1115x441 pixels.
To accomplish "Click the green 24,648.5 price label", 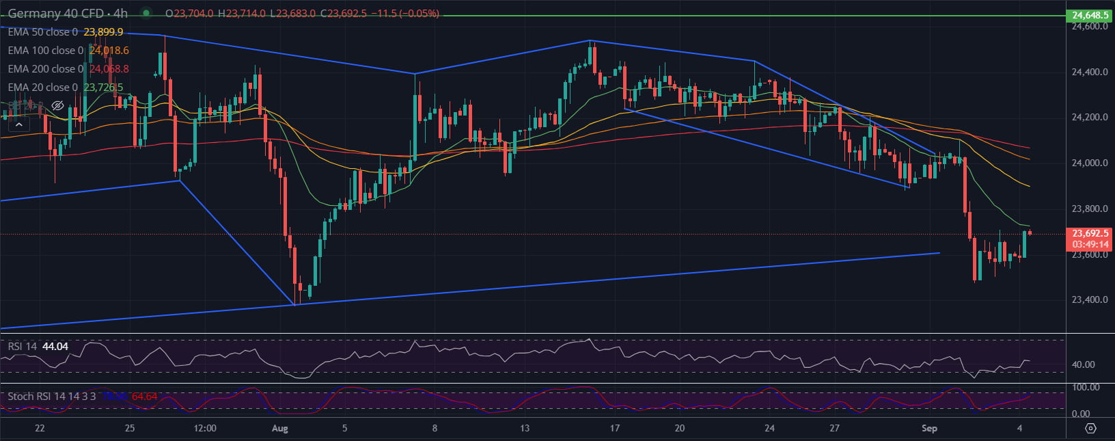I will (1090, 15).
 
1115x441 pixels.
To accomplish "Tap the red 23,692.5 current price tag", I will (1090, 234).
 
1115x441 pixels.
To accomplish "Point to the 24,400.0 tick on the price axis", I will (1090, 72).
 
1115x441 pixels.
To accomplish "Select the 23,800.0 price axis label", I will (1090, 209).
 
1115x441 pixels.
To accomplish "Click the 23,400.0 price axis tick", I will (1090, 299).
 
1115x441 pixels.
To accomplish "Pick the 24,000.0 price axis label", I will (1090, 163).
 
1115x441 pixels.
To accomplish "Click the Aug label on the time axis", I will (280, 429).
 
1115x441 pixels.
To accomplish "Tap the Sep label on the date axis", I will (929, 429).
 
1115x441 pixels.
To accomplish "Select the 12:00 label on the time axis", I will (205, 429).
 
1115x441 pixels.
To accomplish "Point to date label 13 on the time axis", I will (525, 429).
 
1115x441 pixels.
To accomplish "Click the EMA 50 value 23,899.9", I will (103, 32).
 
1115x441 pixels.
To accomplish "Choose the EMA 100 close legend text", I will (45, 51).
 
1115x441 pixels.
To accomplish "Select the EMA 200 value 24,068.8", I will (109, 69).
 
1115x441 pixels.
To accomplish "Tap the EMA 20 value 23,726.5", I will (103, 88).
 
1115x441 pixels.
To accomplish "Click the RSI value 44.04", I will (55, 347).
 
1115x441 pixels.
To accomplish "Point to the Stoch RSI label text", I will (51, 397).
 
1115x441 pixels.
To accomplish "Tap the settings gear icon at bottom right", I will (1090, 429).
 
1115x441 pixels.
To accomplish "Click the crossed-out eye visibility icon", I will (57, 106).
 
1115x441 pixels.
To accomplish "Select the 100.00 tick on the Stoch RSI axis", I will (1086, 388).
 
